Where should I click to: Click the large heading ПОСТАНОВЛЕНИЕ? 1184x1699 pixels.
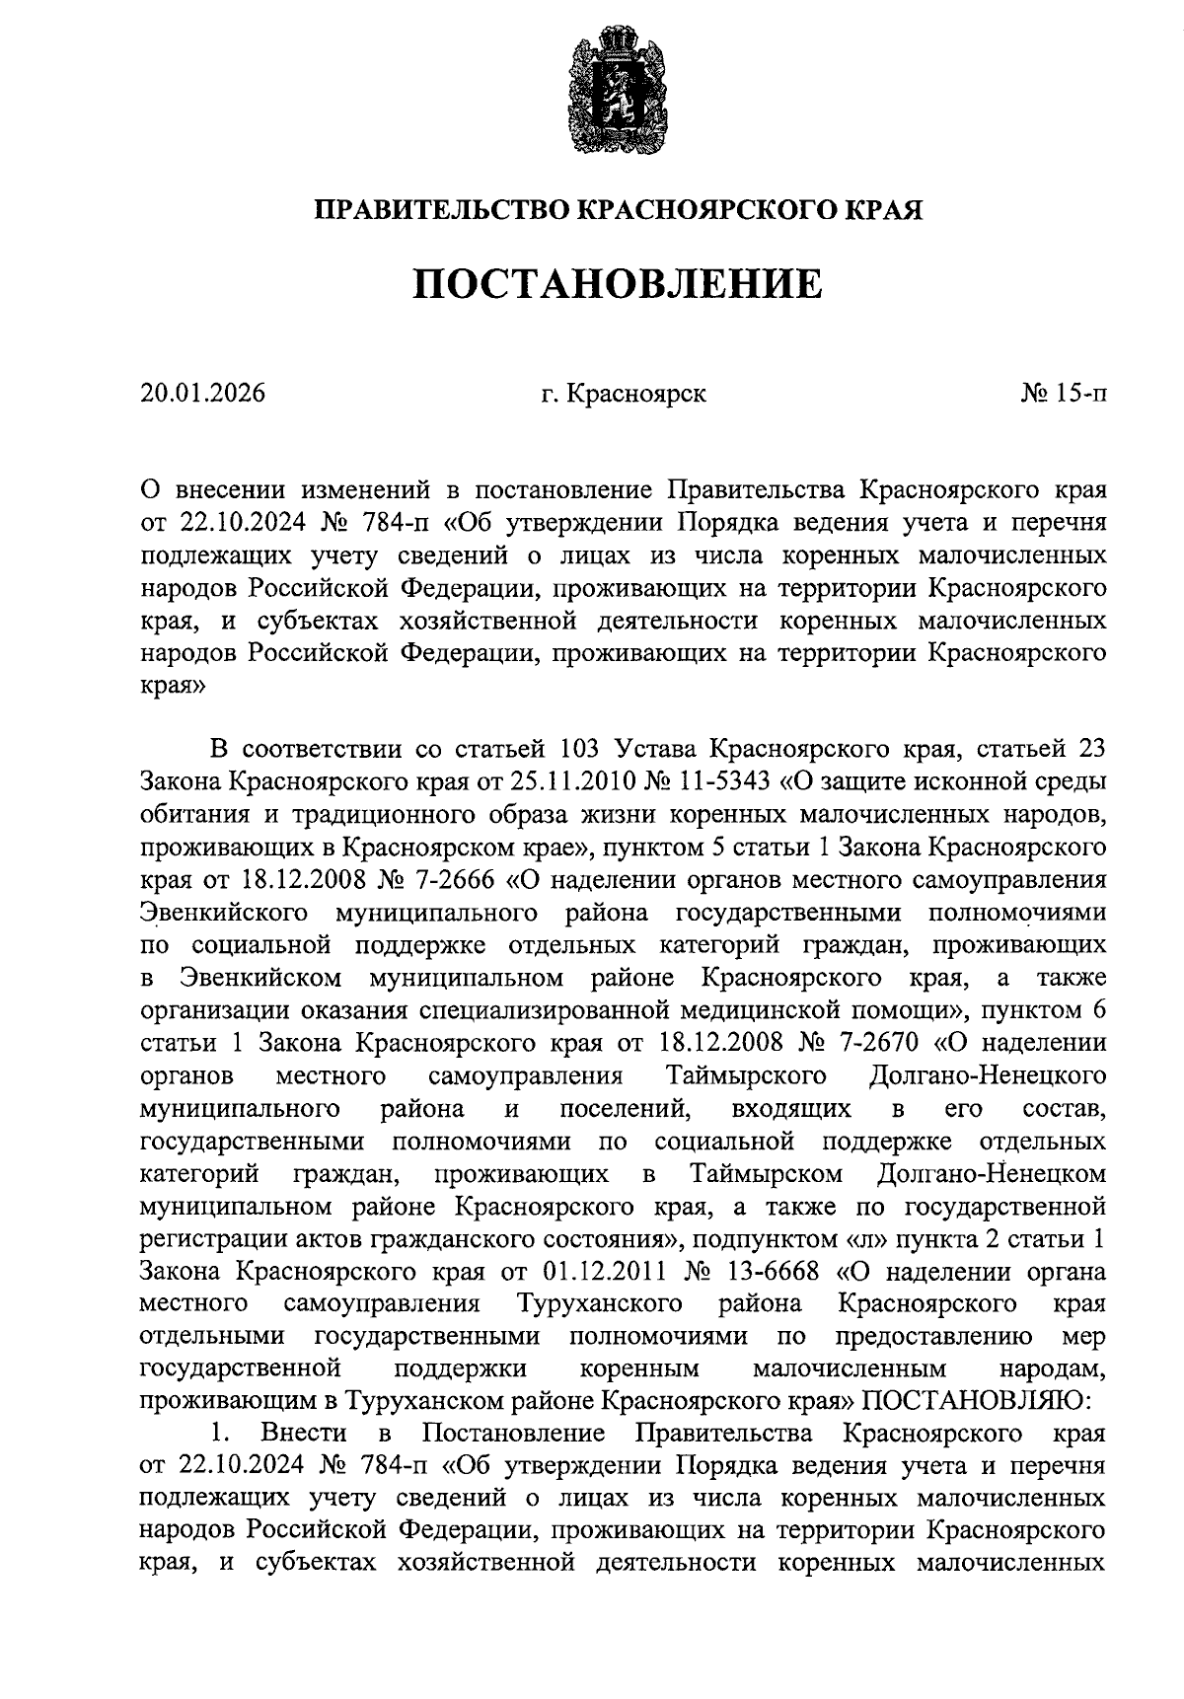[x=616, y=285]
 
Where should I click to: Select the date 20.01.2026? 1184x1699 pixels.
[x=203, y=395]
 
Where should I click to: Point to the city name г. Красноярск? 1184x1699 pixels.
[x=624, y=395]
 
